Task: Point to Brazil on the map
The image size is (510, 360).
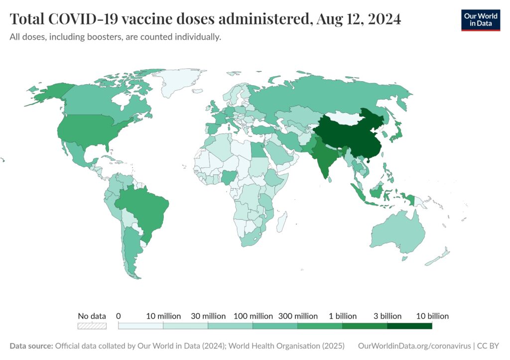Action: (144, 209)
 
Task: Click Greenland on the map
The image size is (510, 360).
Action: (182, 82)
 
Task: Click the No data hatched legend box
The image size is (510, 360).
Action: (92, 326)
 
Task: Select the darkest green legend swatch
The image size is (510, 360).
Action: (409, 326)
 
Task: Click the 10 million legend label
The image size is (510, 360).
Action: (163, 316)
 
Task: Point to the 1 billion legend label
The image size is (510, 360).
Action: (342, 316)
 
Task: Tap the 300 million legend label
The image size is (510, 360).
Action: (297, 316)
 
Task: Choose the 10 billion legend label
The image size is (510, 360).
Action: (432, 316)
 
